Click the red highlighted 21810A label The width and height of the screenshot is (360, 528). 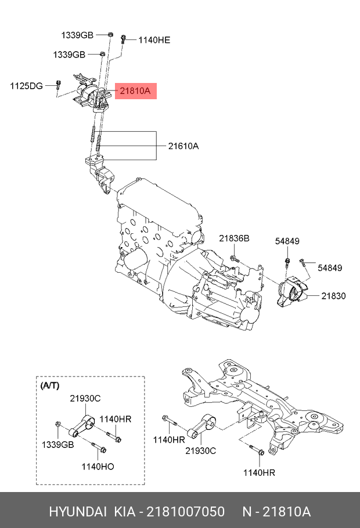[x=136, y=91]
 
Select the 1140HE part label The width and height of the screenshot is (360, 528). [x=154, y=40]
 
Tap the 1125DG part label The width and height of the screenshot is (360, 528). [x=26, y=86]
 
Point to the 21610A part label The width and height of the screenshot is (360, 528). [x=183, y=146]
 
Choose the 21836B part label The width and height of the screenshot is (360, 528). [x=234, y=238]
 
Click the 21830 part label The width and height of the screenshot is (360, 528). [x=334, y=296]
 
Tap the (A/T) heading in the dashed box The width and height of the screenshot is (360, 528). [x=49, y=385]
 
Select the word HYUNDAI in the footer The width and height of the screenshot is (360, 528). [x=78, y=512]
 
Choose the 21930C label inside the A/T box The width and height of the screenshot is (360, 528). [x=85, y=398]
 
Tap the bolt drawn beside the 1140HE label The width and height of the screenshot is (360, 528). [x=124, y=39]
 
